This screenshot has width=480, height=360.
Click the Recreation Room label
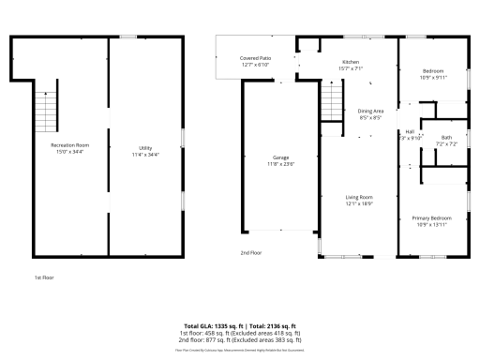69,145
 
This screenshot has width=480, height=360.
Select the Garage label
280,157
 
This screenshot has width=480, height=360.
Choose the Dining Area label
371,112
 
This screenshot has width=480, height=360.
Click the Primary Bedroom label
433,217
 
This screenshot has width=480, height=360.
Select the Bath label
446,138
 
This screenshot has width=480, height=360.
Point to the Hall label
410,131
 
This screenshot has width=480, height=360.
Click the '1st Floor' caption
44,277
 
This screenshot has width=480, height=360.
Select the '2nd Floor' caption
250,253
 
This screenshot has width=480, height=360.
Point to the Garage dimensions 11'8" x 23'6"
280,164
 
